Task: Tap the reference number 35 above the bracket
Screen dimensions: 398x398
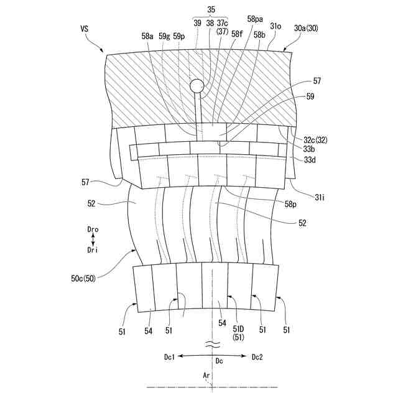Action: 210,9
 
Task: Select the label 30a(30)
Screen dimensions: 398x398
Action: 307,29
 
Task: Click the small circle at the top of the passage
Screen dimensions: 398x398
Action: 198,86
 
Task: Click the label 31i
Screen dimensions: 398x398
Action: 319,197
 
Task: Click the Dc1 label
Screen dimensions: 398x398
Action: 170,357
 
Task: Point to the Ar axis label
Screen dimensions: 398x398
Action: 206,376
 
